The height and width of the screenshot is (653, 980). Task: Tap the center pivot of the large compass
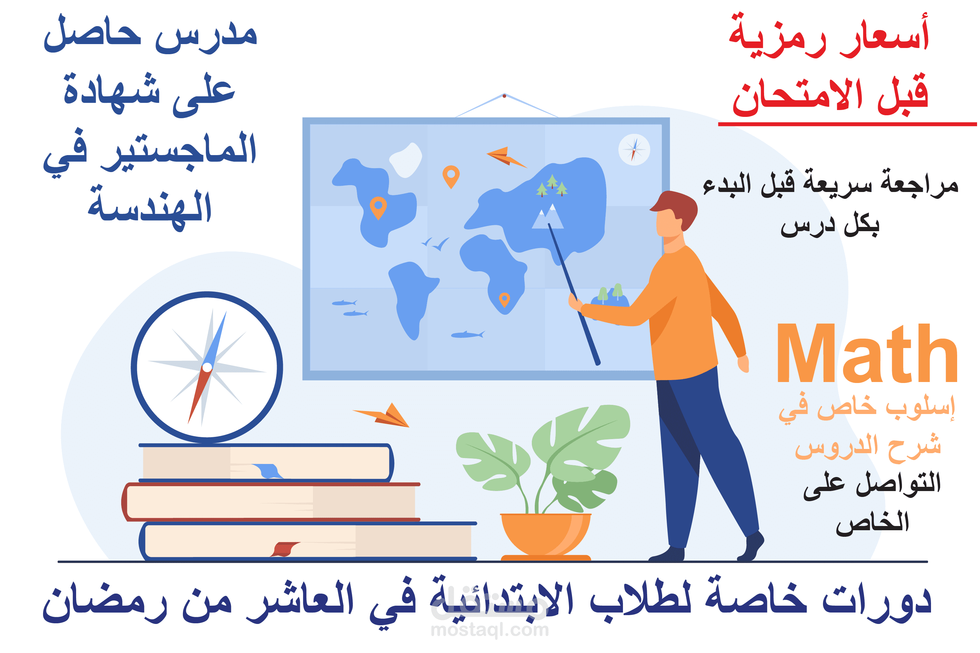click(207, 367)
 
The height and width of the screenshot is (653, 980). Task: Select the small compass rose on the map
click(634, 150)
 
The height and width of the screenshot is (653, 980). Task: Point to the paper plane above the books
click(381, 415)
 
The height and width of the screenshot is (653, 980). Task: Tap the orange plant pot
click(546, 536)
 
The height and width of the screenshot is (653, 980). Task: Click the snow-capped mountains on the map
click(547, 216)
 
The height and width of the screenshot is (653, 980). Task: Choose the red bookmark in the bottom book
click(285, 549)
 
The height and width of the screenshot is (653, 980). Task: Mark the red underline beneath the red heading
click(847, 124)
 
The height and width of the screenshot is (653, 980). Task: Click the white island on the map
click(405, 160)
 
